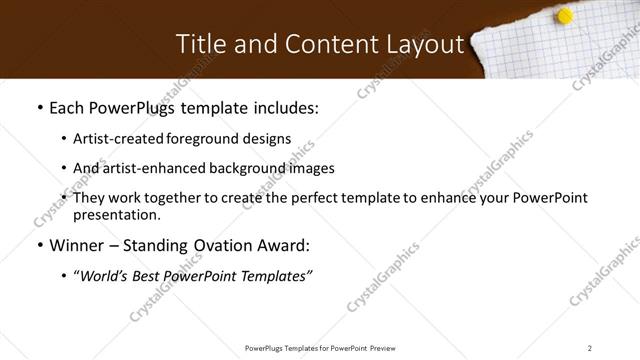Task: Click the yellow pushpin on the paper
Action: tap(564, 16)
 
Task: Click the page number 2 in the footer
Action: tap(590, 348)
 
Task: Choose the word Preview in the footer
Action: tap(388, 348)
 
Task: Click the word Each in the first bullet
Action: tap(67, 108)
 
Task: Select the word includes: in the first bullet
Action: tap(284, 108)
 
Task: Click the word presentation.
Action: tap(115, 214)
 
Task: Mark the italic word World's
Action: tap(104, 276)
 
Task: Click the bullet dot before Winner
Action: tap(39, 246)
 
